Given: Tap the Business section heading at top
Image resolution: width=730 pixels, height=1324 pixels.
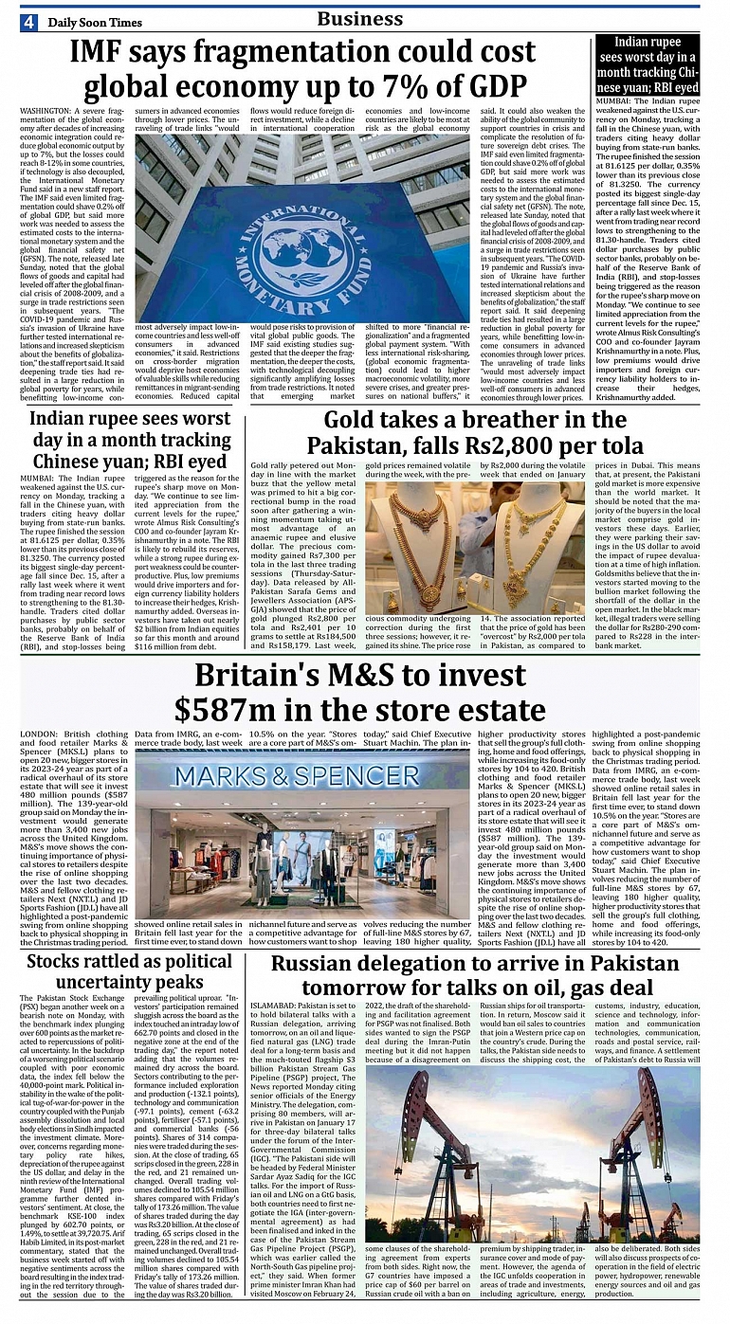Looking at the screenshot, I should (359, 18).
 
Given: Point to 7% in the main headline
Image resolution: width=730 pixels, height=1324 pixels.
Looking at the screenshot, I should (424, 87).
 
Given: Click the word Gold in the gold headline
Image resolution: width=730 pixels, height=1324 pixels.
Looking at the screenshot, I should (355, 419).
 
